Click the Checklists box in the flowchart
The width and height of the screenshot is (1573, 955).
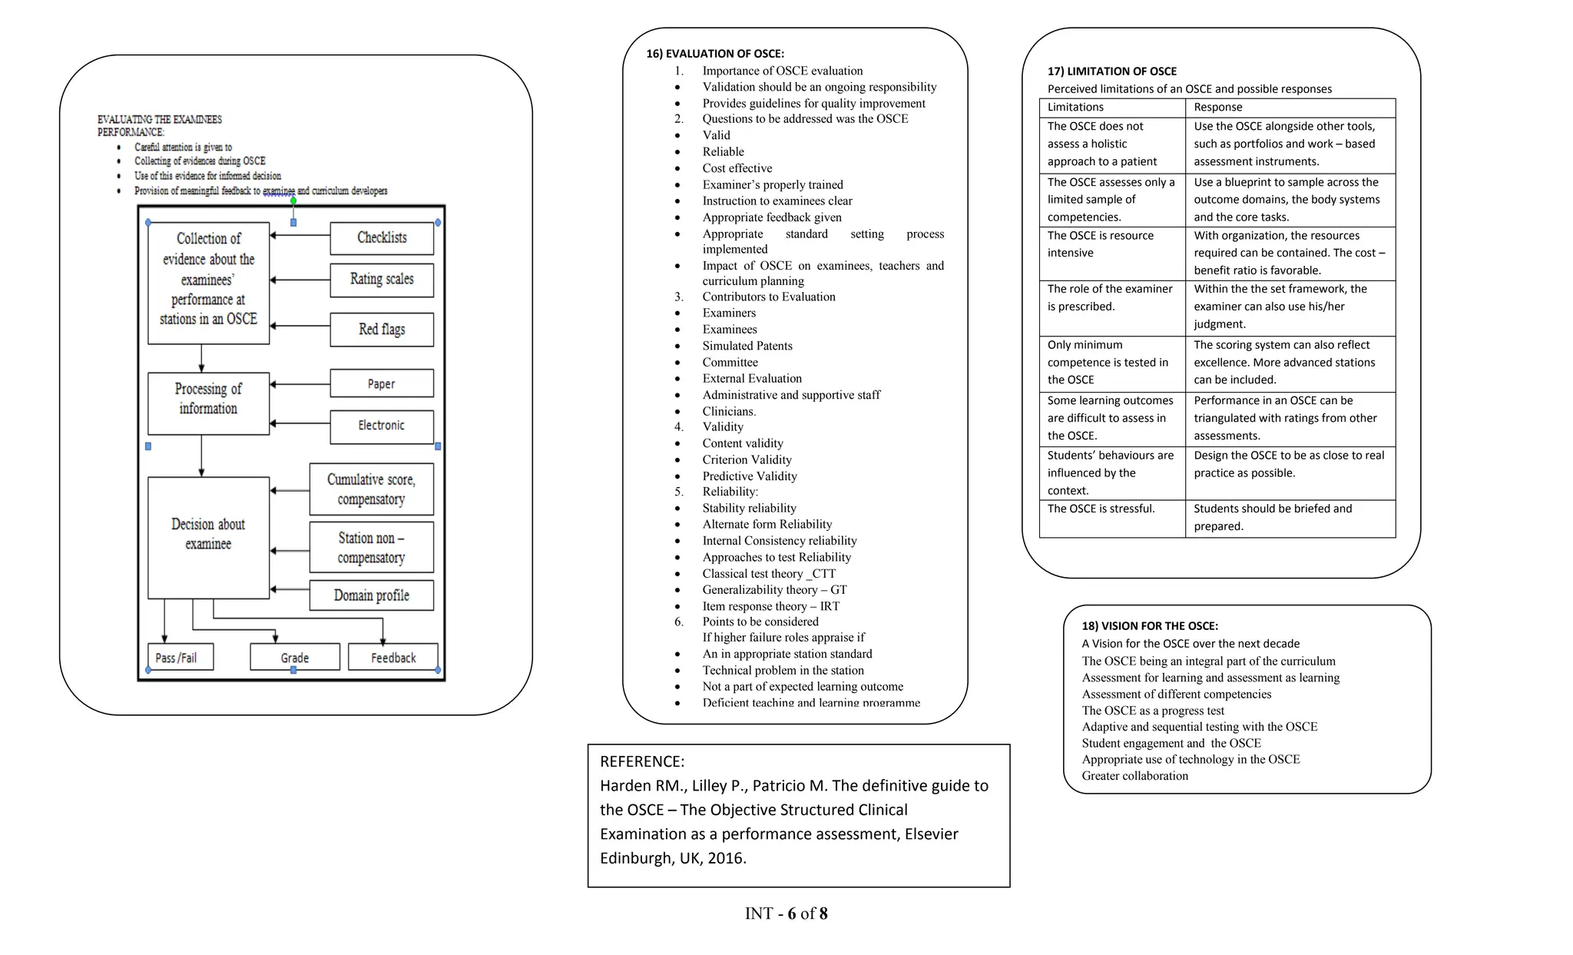pos(382,238)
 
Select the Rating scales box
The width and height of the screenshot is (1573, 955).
pos(382,280)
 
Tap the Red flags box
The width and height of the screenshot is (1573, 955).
pos(382,330)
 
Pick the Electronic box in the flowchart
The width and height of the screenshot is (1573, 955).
pos(382,426)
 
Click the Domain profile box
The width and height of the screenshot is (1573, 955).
pos(372,595)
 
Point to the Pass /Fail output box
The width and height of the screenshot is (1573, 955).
pos(180,658)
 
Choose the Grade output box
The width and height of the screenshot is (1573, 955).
pos(295,658)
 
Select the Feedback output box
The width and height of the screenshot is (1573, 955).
pos(393,658)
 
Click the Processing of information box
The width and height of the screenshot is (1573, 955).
pos(208,400)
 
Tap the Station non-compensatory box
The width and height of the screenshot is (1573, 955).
pos(372,548)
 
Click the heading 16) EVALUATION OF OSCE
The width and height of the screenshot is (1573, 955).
pos(714,54)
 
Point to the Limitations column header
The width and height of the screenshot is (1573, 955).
pos(1075,108)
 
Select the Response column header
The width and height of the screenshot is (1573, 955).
pos(1217,108)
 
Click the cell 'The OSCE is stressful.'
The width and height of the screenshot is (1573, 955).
pos(1101,509)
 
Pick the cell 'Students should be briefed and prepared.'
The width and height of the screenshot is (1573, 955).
pos(1272,517)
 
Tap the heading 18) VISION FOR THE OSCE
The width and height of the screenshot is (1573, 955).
pos(1150,626)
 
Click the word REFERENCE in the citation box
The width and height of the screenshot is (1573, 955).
pos(641,761)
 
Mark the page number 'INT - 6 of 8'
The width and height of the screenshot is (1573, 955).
pos(786,914)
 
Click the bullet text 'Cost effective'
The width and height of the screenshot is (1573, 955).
pos(737,168)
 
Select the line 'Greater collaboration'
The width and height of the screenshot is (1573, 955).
pos(1134,776)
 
